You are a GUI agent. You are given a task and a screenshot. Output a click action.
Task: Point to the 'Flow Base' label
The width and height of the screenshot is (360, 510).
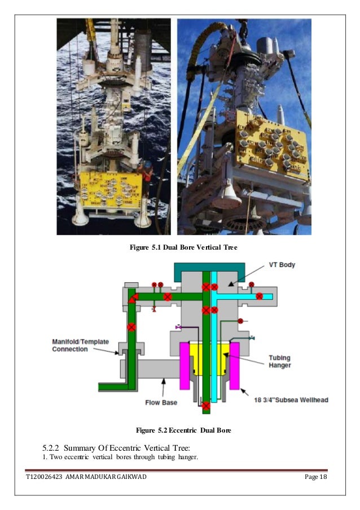pyautogui.click(x=161, y=402)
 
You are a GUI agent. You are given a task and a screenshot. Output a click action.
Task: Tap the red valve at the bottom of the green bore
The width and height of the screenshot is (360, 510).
pyautogui.click(x=207, y=406)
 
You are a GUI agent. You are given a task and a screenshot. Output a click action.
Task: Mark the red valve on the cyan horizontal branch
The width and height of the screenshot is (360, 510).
pyautogui.click(x=259, y=297)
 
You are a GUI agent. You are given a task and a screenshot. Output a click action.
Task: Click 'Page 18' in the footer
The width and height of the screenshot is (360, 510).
pyautogui.click(x=315, y=478)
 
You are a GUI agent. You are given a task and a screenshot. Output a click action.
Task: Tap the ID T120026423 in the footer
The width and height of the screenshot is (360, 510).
pyautogui.click(x=45, y=478)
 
